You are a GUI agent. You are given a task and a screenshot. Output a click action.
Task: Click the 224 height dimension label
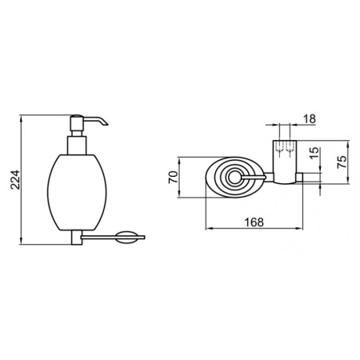click(x=15, y=179)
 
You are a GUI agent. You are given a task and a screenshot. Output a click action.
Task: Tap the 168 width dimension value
click(x=254, y=222)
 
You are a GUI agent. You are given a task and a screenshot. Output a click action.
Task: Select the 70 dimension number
click(x=173, y=177)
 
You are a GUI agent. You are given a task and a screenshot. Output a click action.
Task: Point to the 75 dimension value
click(x=342, y=162)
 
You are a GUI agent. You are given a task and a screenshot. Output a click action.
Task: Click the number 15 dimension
click(x=315, y=153)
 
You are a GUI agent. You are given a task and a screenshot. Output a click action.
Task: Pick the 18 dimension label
click(x=310, y=118)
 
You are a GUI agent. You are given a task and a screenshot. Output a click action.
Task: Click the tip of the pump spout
click(x=107, y=124)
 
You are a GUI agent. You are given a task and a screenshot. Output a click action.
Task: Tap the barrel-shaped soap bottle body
click(x=77, y=192)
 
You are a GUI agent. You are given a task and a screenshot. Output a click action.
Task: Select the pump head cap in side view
click(x=77, y=123)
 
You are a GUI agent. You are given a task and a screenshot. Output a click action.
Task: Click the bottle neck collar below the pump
click(x=77, y=146)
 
